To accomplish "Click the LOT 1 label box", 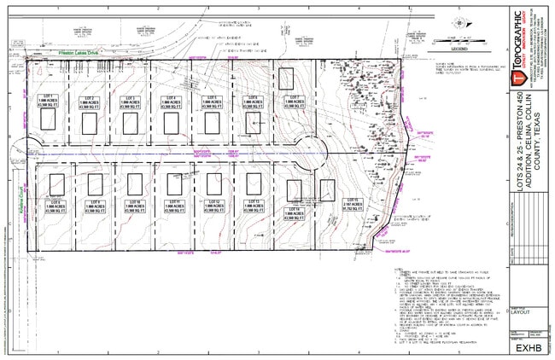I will coord(49,102).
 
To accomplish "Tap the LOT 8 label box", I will coord(57,207).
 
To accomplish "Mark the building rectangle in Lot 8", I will coord(57,184).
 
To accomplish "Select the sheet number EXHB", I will coord(523,348).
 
